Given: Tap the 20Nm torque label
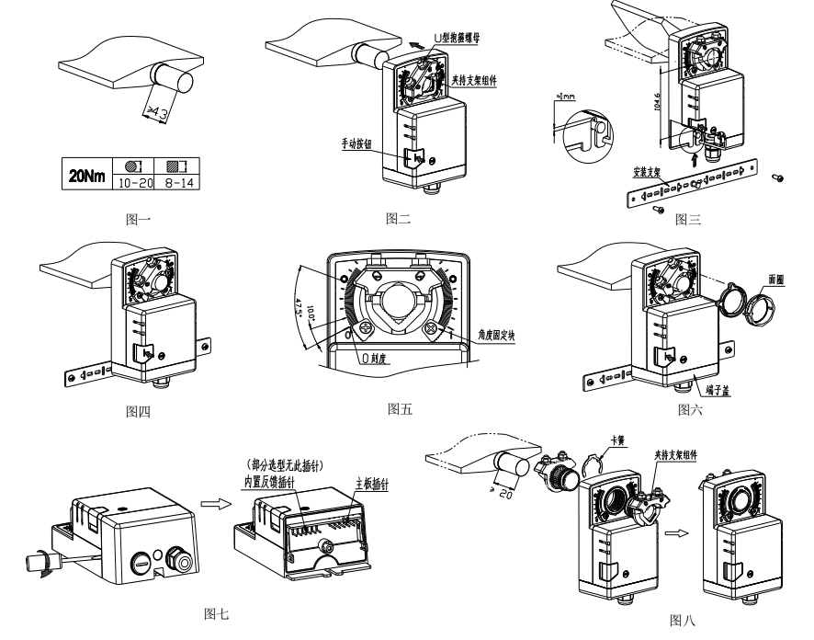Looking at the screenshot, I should click(85, 175).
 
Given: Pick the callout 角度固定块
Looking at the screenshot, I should click(491, 337).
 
